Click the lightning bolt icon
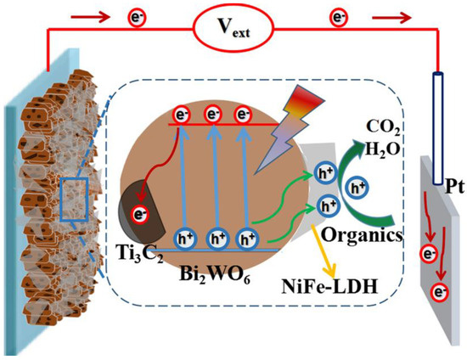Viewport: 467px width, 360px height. tap(287, 133)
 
